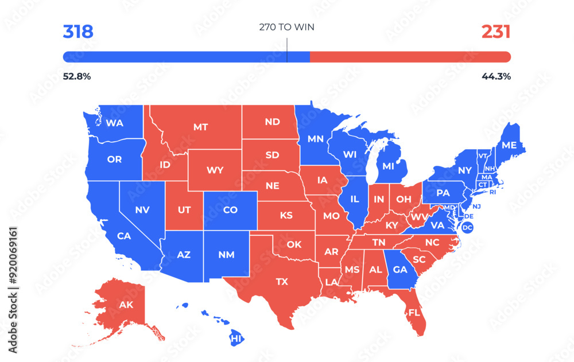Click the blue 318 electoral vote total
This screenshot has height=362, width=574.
click(78, 32)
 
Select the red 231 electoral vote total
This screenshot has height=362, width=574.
click(495, 32)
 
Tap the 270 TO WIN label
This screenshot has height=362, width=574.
click(286, 27)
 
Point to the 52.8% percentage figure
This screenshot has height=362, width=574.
click(76, 76)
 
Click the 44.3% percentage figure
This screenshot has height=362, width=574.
click(497, 76)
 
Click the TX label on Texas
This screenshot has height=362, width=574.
click(282, 282)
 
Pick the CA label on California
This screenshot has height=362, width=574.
click(124, 235)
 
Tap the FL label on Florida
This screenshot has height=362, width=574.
click(414, 313)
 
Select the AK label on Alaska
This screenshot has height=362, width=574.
click(126, 305)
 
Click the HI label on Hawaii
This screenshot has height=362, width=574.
click(236, 339)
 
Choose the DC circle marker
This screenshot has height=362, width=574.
click(467, 228)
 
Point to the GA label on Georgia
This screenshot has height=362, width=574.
click(400, 270)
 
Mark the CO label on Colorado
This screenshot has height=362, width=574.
click(230, 210)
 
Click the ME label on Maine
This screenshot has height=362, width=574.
click(509, 145)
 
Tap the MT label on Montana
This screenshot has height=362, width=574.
click(200, 127)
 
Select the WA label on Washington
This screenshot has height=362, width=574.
click(114, 123)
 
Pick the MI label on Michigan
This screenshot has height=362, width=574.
click(389, 166)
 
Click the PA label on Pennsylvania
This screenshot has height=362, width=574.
click(443, 193)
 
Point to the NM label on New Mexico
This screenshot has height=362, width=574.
click(226, 254)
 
